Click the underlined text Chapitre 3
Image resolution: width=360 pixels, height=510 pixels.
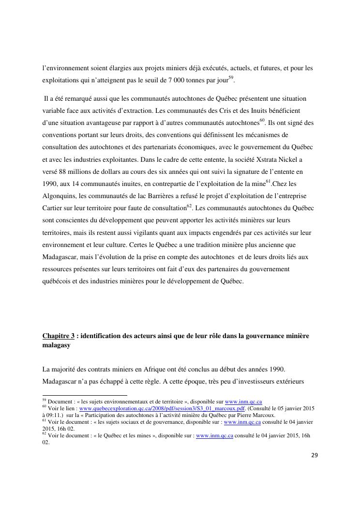(x=59, y=336)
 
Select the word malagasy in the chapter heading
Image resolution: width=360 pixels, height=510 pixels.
(x=56, y=345)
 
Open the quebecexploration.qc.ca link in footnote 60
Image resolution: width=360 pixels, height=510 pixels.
(x=162, y=408)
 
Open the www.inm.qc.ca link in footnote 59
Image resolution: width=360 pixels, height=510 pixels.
(x=243, y=402)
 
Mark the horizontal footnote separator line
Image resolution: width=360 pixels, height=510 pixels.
(x=85, y=395)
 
